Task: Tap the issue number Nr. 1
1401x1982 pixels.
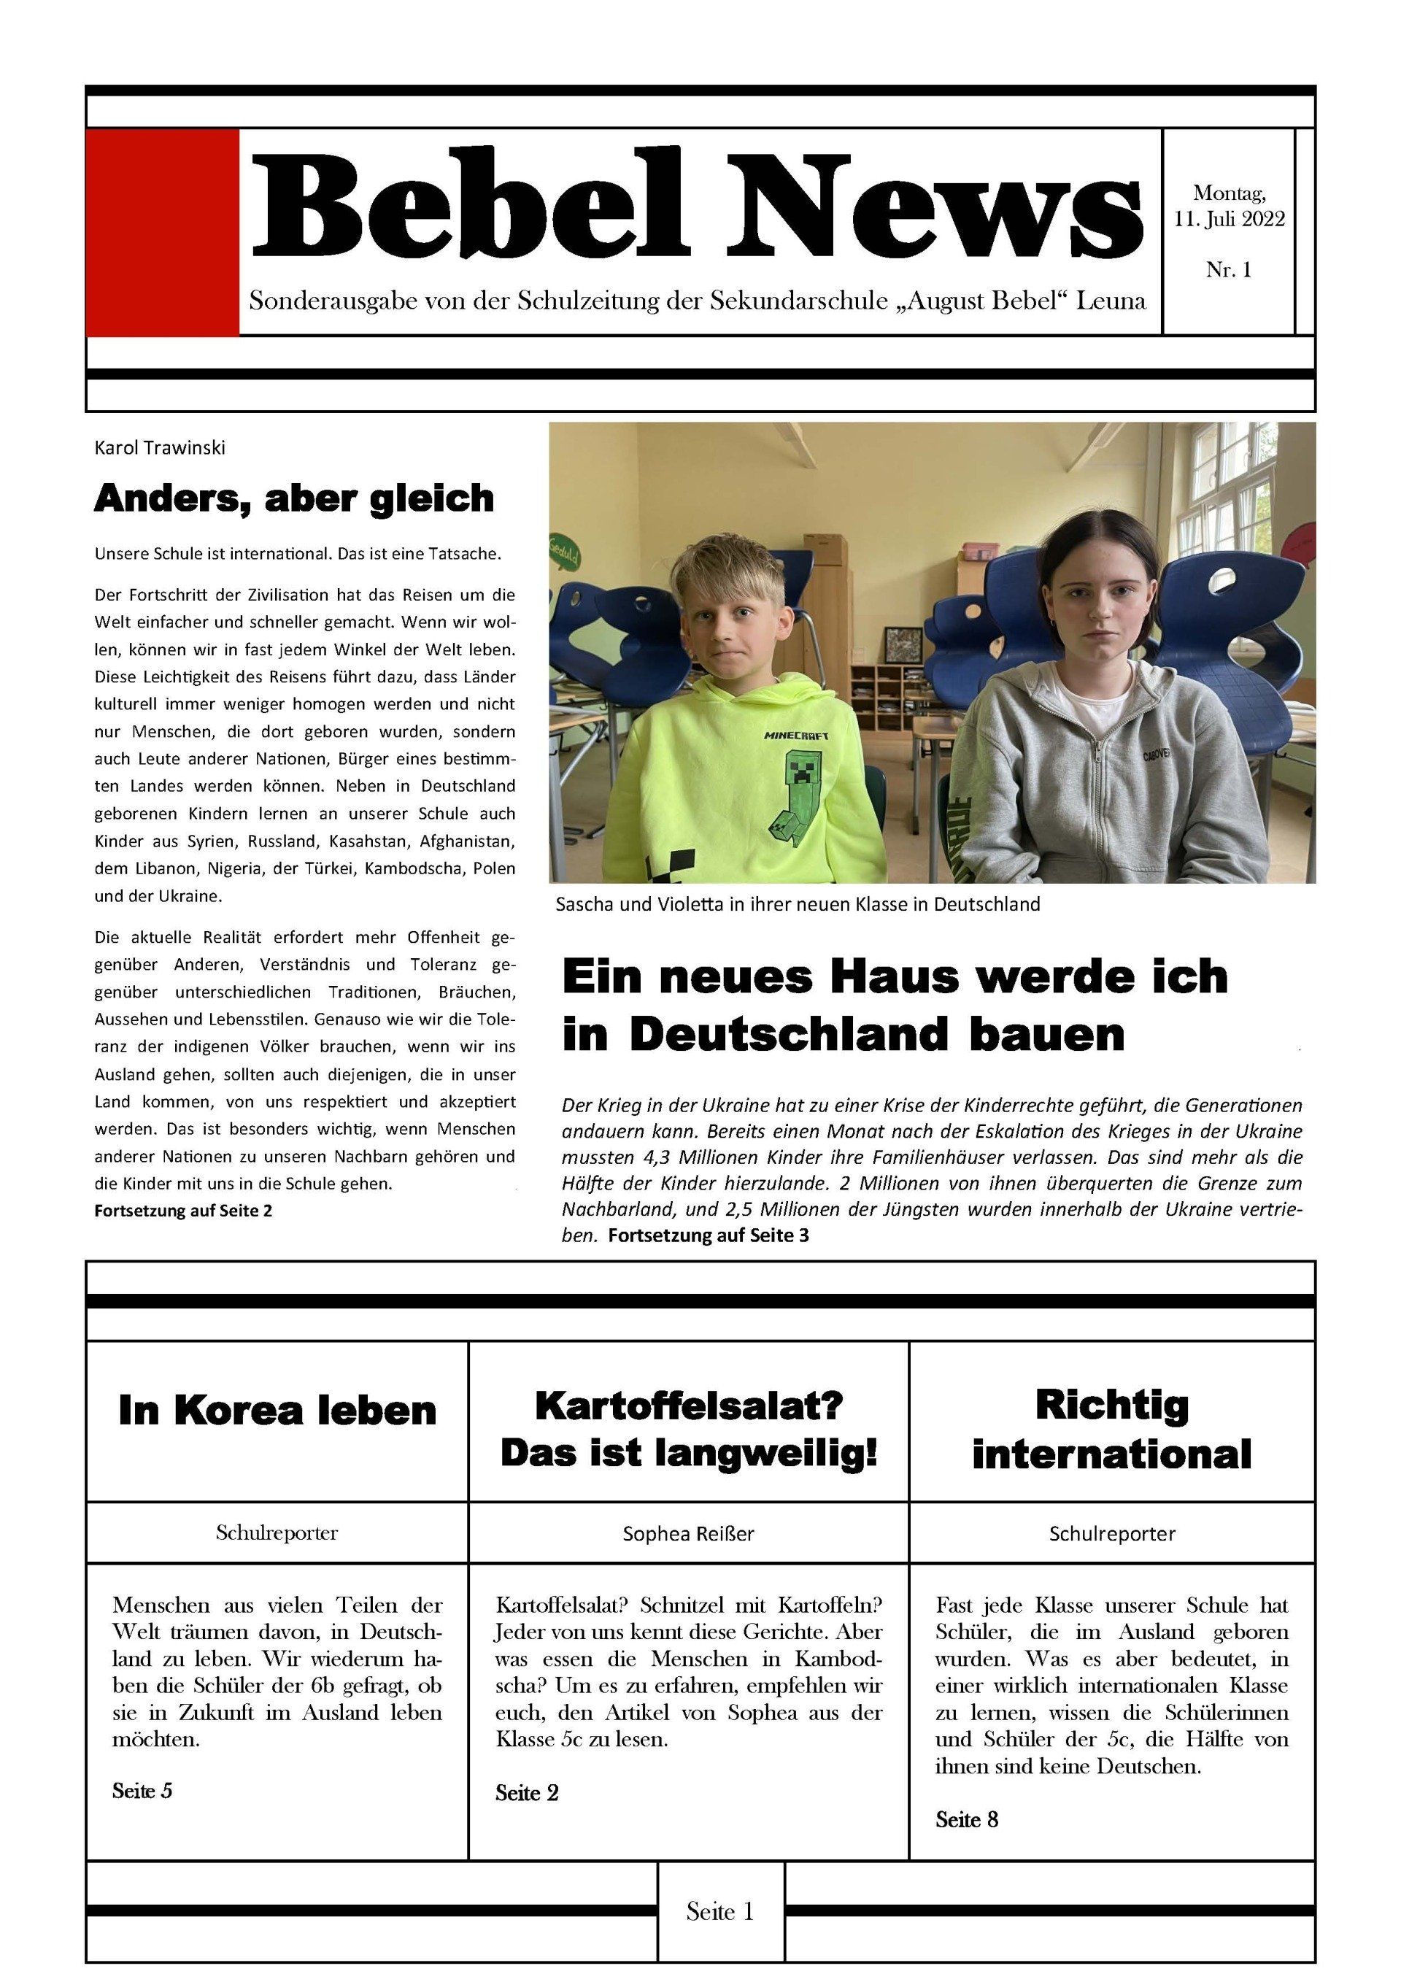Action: point(1228,270)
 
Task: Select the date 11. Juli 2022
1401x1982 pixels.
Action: point(1228,219)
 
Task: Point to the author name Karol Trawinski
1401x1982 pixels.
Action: point(160,448)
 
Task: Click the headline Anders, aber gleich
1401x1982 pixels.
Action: point(293,498)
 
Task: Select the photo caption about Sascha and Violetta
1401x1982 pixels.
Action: point(798,904)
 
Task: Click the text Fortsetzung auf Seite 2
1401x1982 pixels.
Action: point(183,1210)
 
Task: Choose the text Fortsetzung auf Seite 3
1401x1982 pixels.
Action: point(708,1235)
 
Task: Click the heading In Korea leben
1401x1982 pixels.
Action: point(277,1411)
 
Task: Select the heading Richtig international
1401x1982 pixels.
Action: point(1111,1430)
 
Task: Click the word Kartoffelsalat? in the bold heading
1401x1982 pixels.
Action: point(688,1405)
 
